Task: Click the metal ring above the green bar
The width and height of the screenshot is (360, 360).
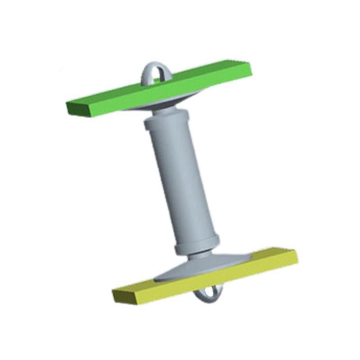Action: [147, 72]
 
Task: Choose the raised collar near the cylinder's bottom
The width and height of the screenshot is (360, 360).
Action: [197, 243]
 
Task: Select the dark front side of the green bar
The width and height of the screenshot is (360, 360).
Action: [157, 96]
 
